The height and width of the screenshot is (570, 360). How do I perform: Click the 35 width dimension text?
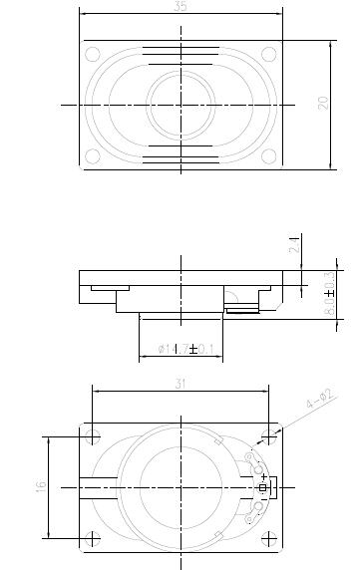[x=180, y=7]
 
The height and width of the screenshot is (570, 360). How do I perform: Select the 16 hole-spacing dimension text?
[x=40, y=486]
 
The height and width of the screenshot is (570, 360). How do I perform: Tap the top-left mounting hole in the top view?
[x=93, y=54]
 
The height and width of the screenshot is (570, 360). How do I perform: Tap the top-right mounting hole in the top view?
[x=267, y=54]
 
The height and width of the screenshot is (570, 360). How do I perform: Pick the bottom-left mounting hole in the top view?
[x=93, y=154]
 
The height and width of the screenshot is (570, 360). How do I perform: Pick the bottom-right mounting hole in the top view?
[x=267, y=154]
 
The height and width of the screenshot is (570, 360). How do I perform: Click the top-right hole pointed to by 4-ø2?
[x=267, y=435]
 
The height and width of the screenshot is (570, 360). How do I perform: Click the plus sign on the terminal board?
[x=263, y=477]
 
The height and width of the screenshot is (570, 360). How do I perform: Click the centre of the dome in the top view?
[x=180, y=104]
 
